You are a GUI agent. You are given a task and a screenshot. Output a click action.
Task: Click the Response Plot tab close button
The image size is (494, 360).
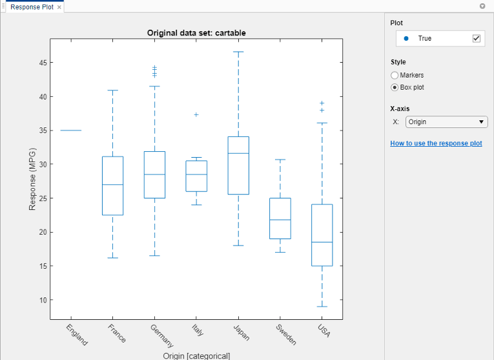click(59, 7)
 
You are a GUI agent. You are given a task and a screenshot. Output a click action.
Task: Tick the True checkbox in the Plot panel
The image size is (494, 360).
click(477, 39)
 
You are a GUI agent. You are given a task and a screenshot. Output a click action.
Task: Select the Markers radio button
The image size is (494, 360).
click(395, 76)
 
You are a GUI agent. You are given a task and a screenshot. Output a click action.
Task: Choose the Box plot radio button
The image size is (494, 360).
click(395, 87)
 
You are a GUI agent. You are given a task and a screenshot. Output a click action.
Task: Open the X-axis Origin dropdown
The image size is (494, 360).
click(446, 122)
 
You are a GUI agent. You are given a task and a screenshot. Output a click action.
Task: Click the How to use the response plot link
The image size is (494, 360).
click(436, 143)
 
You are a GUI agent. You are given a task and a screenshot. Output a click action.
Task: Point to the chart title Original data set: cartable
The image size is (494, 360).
click(196, 32)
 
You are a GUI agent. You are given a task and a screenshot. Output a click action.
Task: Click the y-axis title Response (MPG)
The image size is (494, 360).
click(32, 179)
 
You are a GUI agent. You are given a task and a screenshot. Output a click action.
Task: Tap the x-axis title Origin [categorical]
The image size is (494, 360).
click(196, 355)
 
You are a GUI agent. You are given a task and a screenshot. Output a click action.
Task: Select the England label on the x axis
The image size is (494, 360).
click(77, 335)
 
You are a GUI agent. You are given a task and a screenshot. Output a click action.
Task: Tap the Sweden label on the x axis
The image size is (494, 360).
click(286, 334)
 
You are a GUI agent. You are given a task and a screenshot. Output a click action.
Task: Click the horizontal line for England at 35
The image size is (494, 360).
click(71, 131)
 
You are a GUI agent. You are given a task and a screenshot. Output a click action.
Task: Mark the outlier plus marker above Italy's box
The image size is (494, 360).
click(196, 114)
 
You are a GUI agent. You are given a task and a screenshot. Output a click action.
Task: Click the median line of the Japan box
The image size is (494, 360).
click(238, 153)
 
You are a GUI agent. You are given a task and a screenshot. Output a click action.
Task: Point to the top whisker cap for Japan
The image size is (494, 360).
click(238, 52)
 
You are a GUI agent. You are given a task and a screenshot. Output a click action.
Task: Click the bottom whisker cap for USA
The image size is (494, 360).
click(322, 306)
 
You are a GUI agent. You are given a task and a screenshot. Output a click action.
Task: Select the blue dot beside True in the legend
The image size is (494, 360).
click(406, 39)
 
